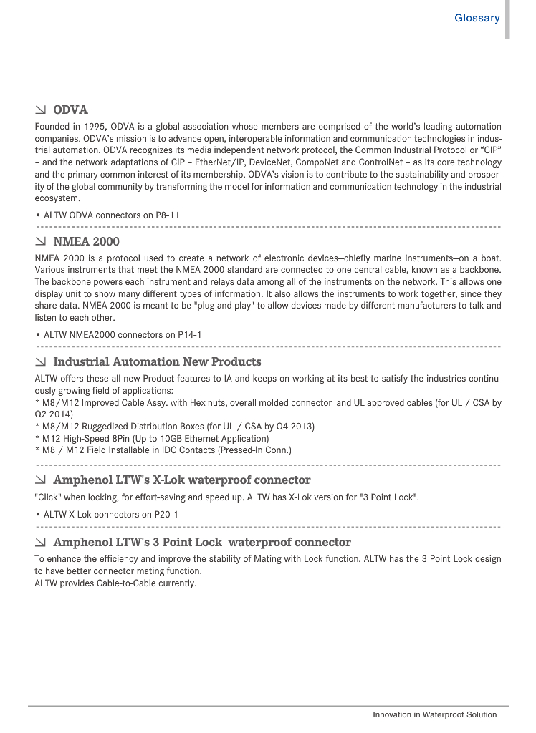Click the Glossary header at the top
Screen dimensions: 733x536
[477, 18]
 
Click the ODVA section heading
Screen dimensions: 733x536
[70, 110]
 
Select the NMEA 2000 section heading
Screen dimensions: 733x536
[86, 242]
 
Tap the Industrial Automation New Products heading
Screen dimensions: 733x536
[157, 362]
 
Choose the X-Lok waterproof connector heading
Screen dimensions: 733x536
[181, 480]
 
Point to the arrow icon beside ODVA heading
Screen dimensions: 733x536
[41, 110]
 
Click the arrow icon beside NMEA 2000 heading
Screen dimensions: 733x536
[41, 242]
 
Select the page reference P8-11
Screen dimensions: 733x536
[168, 215]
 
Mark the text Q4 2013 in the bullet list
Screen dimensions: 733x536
[297, 427]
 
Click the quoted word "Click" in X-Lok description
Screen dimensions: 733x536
[48, 497]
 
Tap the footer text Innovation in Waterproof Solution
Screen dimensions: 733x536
[434, 715]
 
